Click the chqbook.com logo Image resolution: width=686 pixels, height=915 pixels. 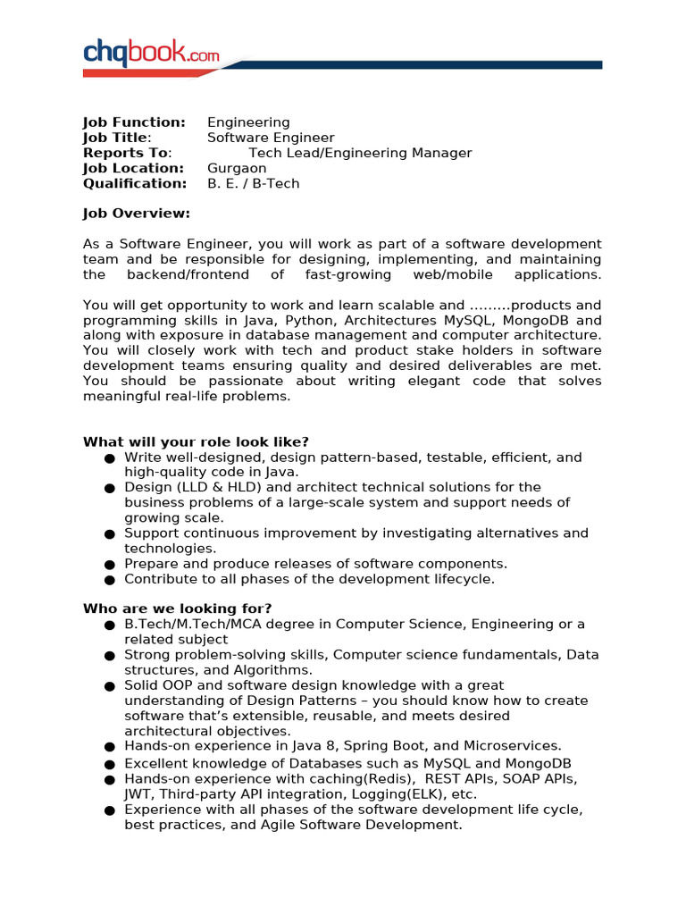(x=151, y=54)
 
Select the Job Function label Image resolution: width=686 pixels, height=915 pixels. (x=134, y=122)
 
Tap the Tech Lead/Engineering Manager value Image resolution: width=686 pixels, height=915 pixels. (x=360, y=153)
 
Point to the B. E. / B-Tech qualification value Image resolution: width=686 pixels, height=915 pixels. (x=254, y=183)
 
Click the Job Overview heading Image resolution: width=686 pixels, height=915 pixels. (x=136, y=214)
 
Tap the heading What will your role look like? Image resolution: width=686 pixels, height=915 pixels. (x=196, y=441)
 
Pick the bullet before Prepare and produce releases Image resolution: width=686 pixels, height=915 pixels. (x=109, y=565)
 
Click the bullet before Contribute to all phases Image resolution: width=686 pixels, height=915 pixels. (x=109, y=580)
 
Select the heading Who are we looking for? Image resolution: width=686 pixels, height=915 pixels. (x=177, y=609)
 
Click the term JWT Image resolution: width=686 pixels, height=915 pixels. (x=139, y=793)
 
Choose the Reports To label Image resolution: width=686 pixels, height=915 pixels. (x=126, y=153)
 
